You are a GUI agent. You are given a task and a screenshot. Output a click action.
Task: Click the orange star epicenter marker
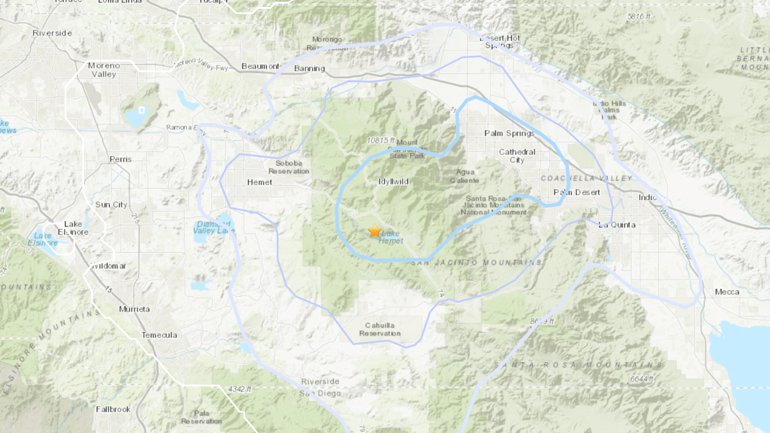375,231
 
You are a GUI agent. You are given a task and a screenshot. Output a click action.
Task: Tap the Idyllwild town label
393,182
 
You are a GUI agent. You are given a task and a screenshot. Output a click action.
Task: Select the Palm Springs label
509,133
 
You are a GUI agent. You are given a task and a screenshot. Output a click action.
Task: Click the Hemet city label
259,182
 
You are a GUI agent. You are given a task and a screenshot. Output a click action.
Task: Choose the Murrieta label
134,309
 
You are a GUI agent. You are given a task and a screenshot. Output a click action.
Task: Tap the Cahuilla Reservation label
380,329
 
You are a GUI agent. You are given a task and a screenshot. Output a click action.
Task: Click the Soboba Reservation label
289,167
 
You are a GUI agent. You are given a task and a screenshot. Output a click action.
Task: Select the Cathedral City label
517,156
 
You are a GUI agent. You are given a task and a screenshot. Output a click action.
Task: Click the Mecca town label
727,292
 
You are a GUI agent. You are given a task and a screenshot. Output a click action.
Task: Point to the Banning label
309,69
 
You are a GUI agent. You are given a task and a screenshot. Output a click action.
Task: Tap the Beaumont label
261,66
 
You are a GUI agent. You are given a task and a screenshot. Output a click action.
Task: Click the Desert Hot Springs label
500,42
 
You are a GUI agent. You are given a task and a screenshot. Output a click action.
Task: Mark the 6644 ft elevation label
641,379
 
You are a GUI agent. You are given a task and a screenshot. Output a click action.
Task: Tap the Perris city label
120,159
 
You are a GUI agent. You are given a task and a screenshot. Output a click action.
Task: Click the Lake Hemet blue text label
391,237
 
